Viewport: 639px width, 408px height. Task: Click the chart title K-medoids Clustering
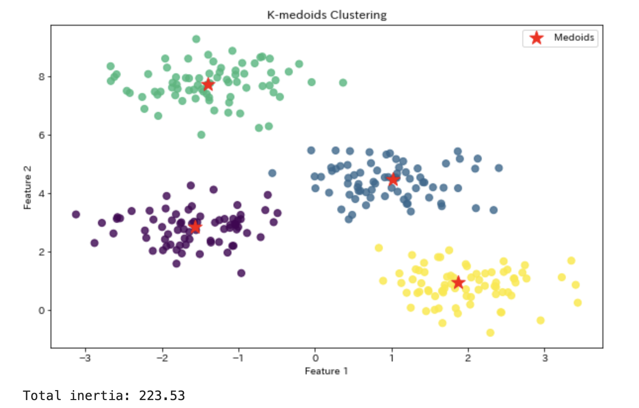326,15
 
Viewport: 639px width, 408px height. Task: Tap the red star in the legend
536,38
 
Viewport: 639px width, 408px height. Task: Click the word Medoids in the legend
574,38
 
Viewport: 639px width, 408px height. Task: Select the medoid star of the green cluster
208,85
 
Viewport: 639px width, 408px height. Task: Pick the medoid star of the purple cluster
195,227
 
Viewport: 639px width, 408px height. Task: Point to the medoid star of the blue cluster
393,179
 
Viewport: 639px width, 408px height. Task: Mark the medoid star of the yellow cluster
458,282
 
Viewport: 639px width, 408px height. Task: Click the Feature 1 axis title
326,371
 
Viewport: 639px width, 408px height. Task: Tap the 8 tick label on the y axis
43,77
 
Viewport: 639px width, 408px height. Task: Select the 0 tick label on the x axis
315,357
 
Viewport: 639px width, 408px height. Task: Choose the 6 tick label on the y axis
43,135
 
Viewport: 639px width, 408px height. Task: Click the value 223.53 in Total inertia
162,396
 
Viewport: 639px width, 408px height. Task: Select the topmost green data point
196,39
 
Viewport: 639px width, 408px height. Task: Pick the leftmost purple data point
76,214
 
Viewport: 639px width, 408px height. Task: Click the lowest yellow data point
490,332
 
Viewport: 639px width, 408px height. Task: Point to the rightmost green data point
343,83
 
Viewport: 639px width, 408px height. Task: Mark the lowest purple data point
241,273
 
